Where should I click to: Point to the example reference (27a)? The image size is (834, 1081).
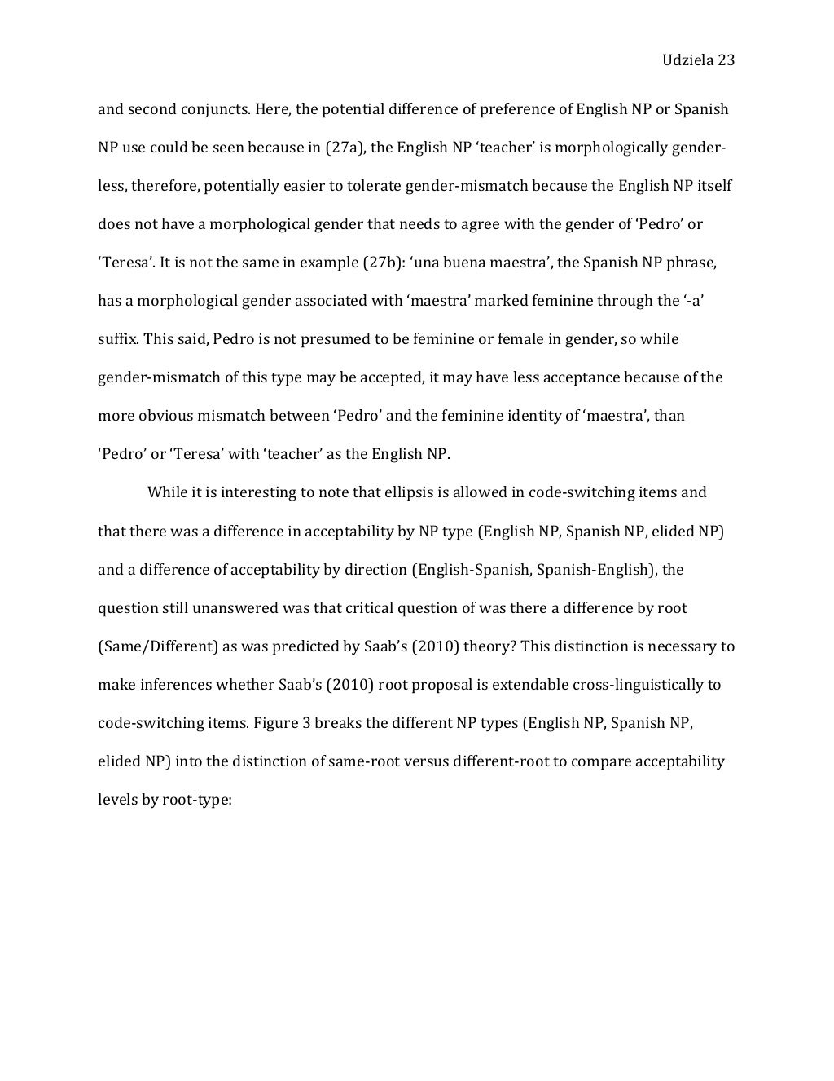[x=345, y=148]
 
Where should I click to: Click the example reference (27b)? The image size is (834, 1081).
[x=381, y=263]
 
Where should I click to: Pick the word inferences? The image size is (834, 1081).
[x=173, y=685]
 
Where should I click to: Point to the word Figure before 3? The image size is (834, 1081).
[x=273, y=723]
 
